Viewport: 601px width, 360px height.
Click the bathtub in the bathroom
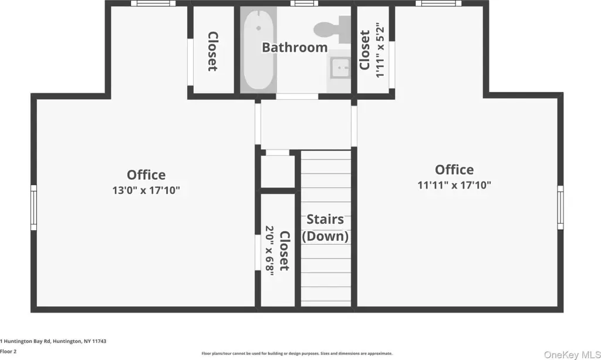point(259,49)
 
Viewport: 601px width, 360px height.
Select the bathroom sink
point(340,68)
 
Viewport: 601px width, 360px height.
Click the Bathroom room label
point(295,48)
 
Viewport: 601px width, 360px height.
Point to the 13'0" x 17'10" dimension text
point(146,190)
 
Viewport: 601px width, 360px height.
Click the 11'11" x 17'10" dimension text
point(454,185)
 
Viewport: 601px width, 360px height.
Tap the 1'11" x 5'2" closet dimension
point(380,51)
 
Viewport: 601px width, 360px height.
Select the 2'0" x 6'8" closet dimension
point(270,251)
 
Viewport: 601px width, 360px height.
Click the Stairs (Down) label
point(325,227)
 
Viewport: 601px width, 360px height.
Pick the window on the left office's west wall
point(33,207)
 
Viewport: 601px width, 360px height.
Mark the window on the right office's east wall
point(561,207)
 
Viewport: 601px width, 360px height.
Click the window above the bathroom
point(304,4)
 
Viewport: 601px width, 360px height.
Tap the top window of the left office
point(153,4)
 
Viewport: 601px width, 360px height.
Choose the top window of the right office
point(438,4)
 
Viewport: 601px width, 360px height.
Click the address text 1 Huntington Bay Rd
point(25,341)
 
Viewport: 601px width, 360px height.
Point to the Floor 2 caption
point(8,351)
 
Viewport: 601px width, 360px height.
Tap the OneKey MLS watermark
point(572,355)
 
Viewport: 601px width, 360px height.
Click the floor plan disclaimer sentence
point(297,354)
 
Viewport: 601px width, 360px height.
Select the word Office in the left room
point(146,175)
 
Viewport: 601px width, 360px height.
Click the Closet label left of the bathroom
point(212,51)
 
